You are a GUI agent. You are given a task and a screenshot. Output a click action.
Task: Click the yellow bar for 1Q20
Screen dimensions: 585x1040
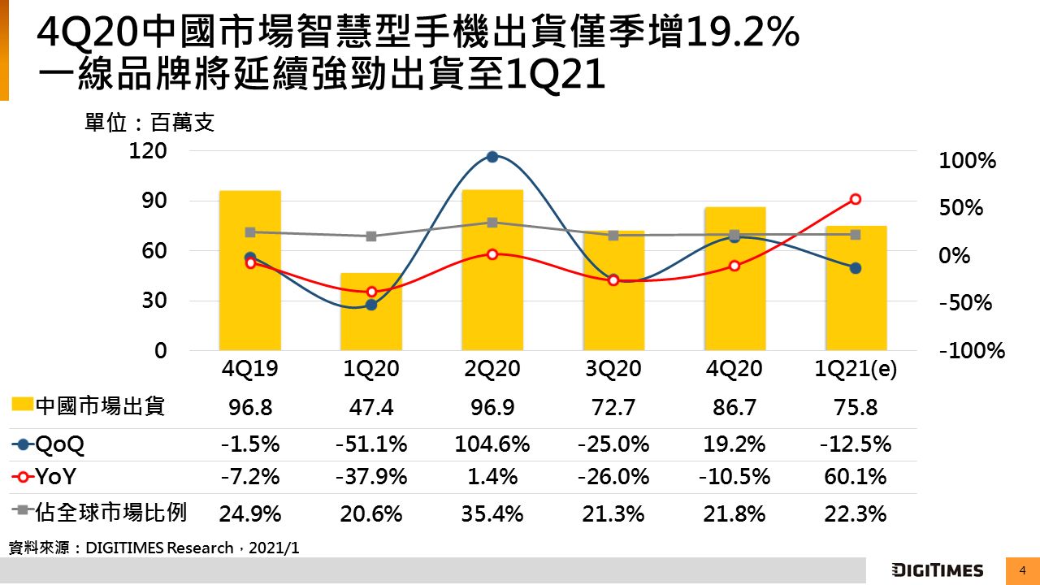370,313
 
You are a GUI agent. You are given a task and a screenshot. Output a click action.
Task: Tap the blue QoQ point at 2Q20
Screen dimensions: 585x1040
492,157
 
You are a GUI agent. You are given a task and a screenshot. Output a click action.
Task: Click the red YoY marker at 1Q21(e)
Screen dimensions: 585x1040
856,199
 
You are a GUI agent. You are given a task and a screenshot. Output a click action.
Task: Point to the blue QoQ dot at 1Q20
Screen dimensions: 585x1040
371,305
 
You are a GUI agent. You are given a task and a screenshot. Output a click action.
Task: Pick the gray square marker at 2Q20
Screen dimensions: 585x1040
492,223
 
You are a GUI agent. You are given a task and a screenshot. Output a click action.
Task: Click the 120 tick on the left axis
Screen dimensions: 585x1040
149,151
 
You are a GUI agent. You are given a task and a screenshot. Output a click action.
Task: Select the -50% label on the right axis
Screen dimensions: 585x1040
966,303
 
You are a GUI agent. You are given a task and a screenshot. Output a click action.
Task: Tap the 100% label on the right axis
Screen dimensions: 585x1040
968,161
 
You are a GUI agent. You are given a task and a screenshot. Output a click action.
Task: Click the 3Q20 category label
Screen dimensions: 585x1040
613,369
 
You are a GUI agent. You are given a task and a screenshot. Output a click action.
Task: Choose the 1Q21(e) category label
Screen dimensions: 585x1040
856,369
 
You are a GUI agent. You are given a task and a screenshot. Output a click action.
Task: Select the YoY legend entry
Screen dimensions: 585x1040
48,477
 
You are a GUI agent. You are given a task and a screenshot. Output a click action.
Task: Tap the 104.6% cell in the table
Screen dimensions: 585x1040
492,444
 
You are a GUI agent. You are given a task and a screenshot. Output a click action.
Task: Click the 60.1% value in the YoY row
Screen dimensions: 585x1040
856,477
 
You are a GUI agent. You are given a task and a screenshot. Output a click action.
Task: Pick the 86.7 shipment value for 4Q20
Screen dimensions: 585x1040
734,407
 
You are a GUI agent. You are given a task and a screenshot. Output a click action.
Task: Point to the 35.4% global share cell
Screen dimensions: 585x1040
492,513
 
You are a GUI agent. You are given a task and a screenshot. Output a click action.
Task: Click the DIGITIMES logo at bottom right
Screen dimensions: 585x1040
937,570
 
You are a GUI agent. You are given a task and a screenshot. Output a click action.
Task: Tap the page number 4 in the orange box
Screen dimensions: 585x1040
1022,570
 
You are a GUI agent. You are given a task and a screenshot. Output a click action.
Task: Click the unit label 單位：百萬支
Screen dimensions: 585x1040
149,123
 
